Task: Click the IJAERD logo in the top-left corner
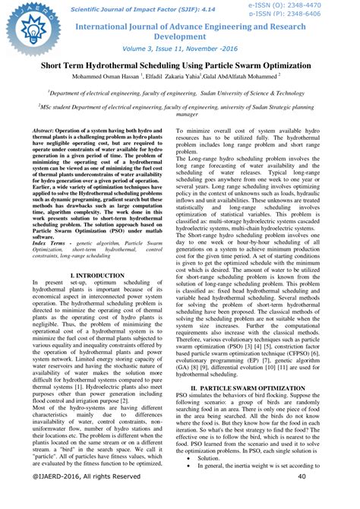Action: point(23,21)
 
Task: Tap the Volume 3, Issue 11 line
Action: point(181,51)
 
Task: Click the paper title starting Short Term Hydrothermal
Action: point(180,67)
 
